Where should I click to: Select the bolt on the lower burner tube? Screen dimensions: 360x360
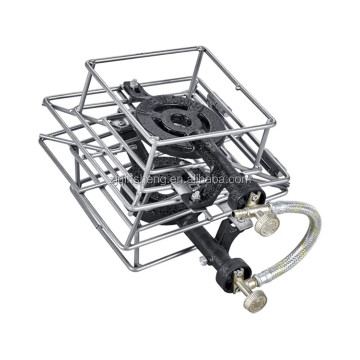click(x=203, y=261)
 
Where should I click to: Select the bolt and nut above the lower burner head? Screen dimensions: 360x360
click(x=196, y=195)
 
